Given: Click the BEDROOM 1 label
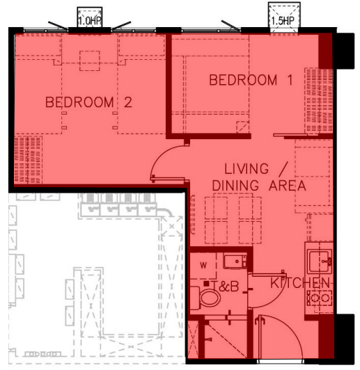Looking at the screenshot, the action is pyautogui.click(x=251, y=80).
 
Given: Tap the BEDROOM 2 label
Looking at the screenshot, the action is pyautogui.click(x=88, y=102).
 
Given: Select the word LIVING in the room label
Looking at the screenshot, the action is pyautogui.click(x=246, y=169).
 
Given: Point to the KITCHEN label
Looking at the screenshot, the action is pyautogui.click(x=300, y=283).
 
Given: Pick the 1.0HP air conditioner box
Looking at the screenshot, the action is pyautogui.click(x=90, y=17).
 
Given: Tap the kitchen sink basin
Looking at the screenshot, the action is pyautogui.click(x=320, y=261).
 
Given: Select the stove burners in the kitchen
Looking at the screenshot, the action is pyautogui.click(x=320, y=298).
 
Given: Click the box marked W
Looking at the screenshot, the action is pyautogui.click(x=203, y=266).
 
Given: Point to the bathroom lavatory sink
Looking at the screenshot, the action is pyautogui.click(x=235, y=262).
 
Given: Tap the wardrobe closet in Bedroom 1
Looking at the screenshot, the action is pyautogui.click(x=319, y=102).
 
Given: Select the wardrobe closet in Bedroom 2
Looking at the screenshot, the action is pyautogui.click(x=28, y=159).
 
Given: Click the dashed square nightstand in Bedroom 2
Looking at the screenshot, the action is pyautogui.click(x=90, y=61).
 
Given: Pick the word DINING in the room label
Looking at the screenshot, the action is pyautogui.click(x=235, y=186).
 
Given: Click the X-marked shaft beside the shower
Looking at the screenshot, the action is pyautogui.click(x=193, y=339).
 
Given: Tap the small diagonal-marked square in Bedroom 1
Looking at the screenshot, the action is pyautogui.click(x=242, y=127).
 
